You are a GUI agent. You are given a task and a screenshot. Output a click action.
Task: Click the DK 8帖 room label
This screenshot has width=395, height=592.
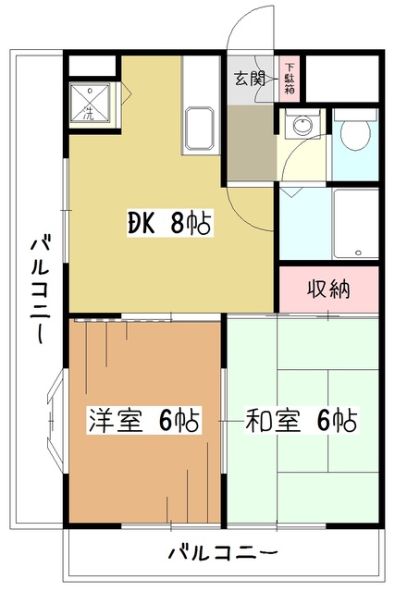[170, 222]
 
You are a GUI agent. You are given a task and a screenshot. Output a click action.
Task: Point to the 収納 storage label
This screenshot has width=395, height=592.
[327, 289]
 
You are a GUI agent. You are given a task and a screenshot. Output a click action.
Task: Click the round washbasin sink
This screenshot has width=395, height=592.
[300, 125]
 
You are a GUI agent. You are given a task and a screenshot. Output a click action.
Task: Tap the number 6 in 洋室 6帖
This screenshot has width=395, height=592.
[167, 420]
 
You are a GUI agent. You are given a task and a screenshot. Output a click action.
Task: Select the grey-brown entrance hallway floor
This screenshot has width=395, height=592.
[250, 143]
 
